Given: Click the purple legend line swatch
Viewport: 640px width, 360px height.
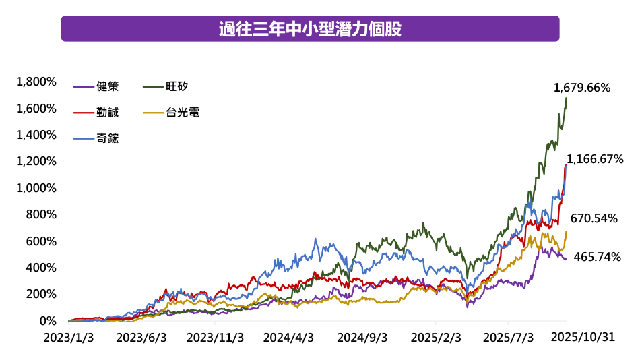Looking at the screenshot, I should coord(84,87).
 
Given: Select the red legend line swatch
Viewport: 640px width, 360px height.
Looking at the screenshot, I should coord(84,113).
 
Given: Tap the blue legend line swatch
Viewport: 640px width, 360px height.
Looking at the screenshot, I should coord(84,138).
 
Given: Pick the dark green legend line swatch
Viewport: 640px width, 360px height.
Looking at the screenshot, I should coord(154,87).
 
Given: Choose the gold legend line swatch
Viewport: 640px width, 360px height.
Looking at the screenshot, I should coord(154,113).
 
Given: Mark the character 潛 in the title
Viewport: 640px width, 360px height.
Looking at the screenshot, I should coord(349,30).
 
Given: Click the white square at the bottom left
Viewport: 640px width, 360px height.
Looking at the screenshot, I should coord(28,320).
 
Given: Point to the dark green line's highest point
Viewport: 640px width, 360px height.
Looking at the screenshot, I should coord(567,98).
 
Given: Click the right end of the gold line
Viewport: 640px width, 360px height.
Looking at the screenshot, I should coord(567,232).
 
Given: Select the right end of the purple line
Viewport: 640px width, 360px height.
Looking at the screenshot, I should coord(567,259).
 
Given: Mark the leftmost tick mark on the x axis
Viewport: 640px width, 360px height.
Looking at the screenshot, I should coord(68,322).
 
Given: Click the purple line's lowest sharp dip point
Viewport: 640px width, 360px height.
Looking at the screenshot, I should coord(468,307).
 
